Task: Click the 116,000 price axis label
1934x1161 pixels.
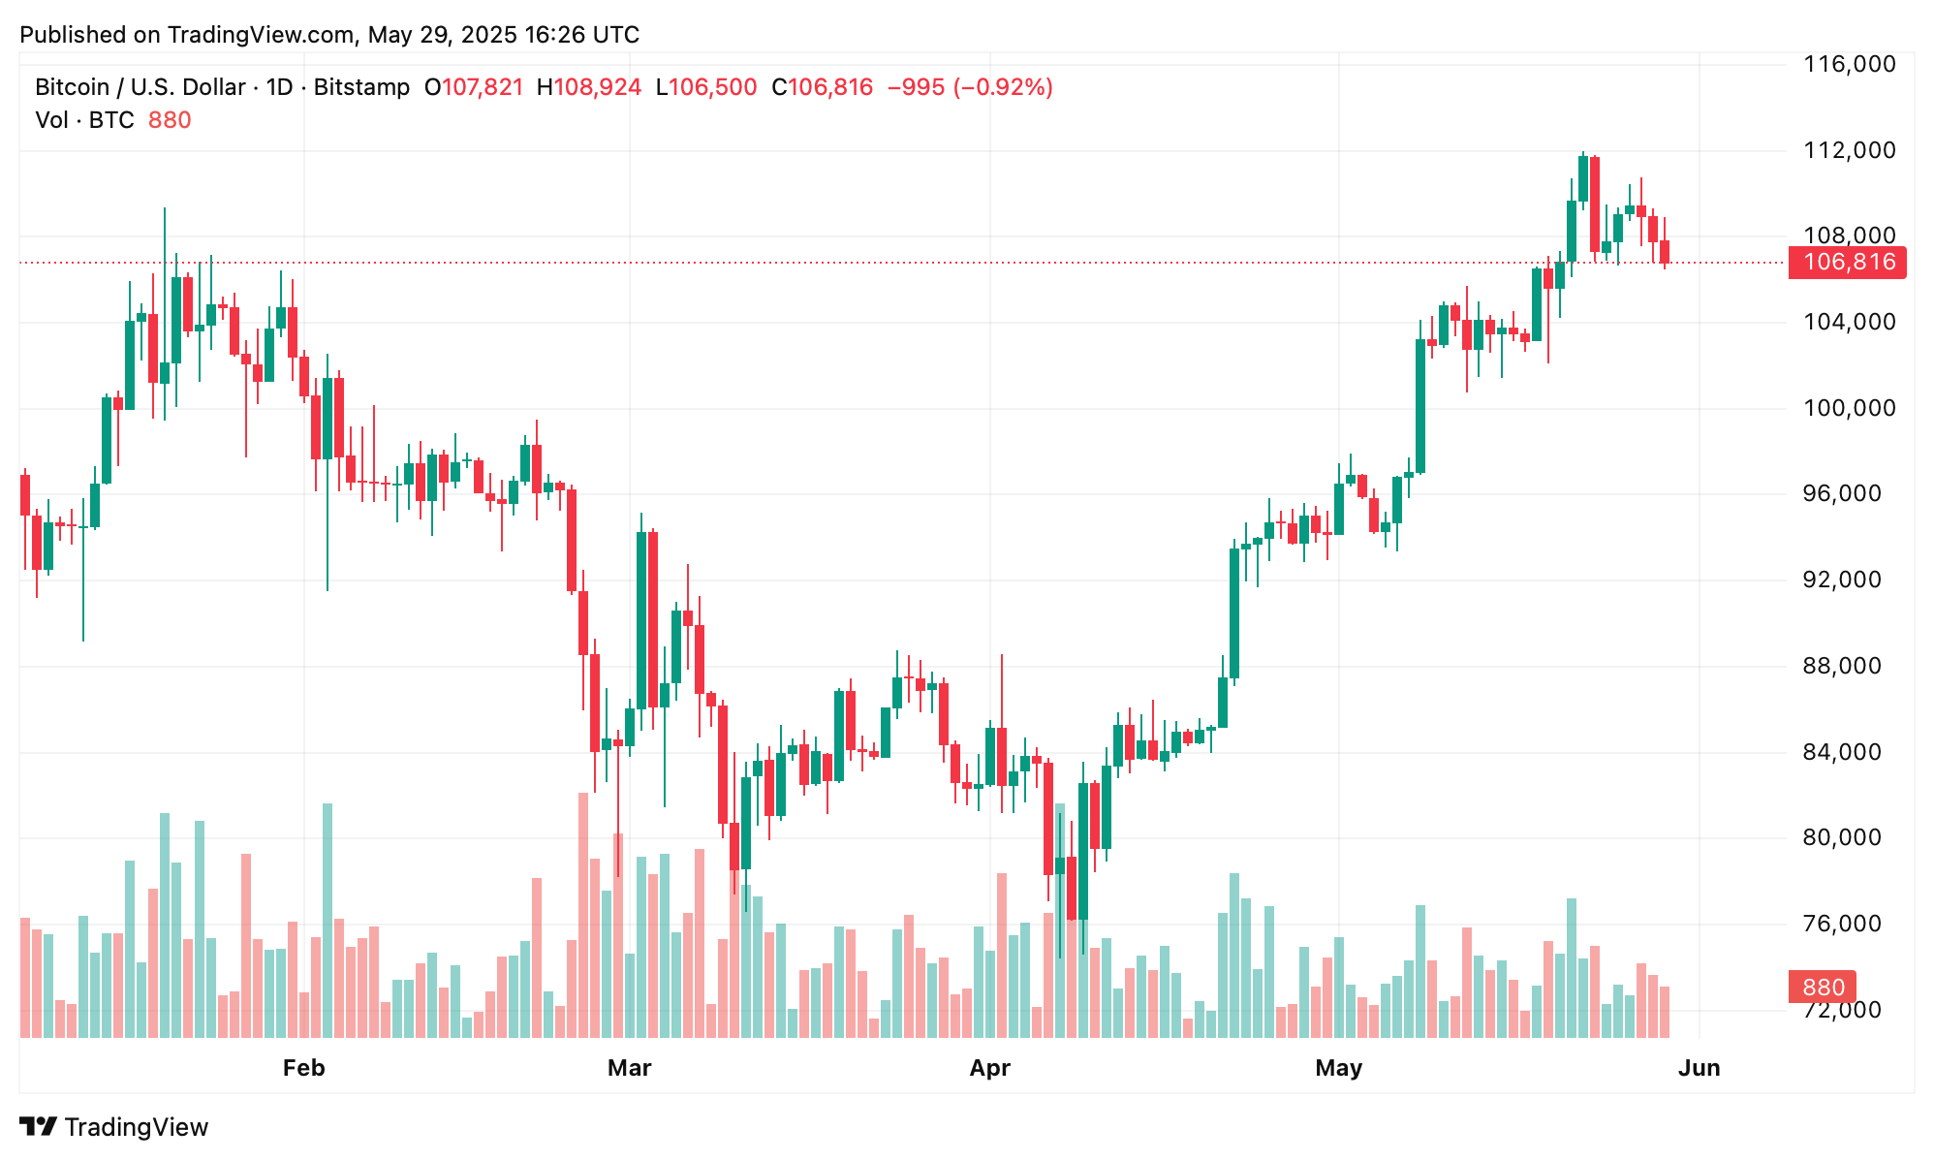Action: pyautogui.click(x=1849, y=65)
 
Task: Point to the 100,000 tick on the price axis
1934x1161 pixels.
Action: pyautogui.click(x=1849, y=408)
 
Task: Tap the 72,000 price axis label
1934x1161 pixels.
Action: pyautogui.click(x=1849, y=1010)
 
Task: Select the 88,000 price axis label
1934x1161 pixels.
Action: pyautogui.click(x=1849, y=666)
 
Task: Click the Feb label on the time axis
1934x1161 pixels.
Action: pyautogui.click(x=303, y=1068)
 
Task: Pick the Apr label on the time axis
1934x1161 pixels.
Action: pyautogui.click(x=989, y=1068)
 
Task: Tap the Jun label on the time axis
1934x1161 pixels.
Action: pyautogui.click(x=1699, y=1068)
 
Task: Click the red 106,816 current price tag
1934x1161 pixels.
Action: pyautogui.click(x=1847, y=262)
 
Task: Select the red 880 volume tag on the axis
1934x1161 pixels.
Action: pyautogui.click(x=1823, y=988)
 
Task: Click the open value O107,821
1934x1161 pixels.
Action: pyautogui.click(x=474, y=87)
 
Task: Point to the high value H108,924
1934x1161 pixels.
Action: pyautogui.click(x=588, y=87)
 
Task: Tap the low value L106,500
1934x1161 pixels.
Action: pyautogui.click(x=706, y=87)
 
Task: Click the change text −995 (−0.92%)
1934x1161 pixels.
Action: pyautogui.click(x=970, y=87)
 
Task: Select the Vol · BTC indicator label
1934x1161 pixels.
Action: pyautogui.click(x=84, y=120)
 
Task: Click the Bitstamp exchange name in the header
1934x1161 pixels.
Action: pyautogui.click(x=361, y=87)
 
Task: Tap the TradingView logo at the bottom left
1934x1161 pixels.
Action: pyautogui.click(x=114, y=1127)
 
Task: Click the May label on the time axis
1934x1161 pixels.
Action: pyautogui.click(x=1338, y=1068)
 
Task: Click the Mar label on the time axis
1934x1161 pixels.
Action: pyautogui.click(x=629, y=1068)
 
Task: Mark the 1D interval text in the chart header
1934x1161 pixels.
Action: pyautogui.click(x=279, y=87)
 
